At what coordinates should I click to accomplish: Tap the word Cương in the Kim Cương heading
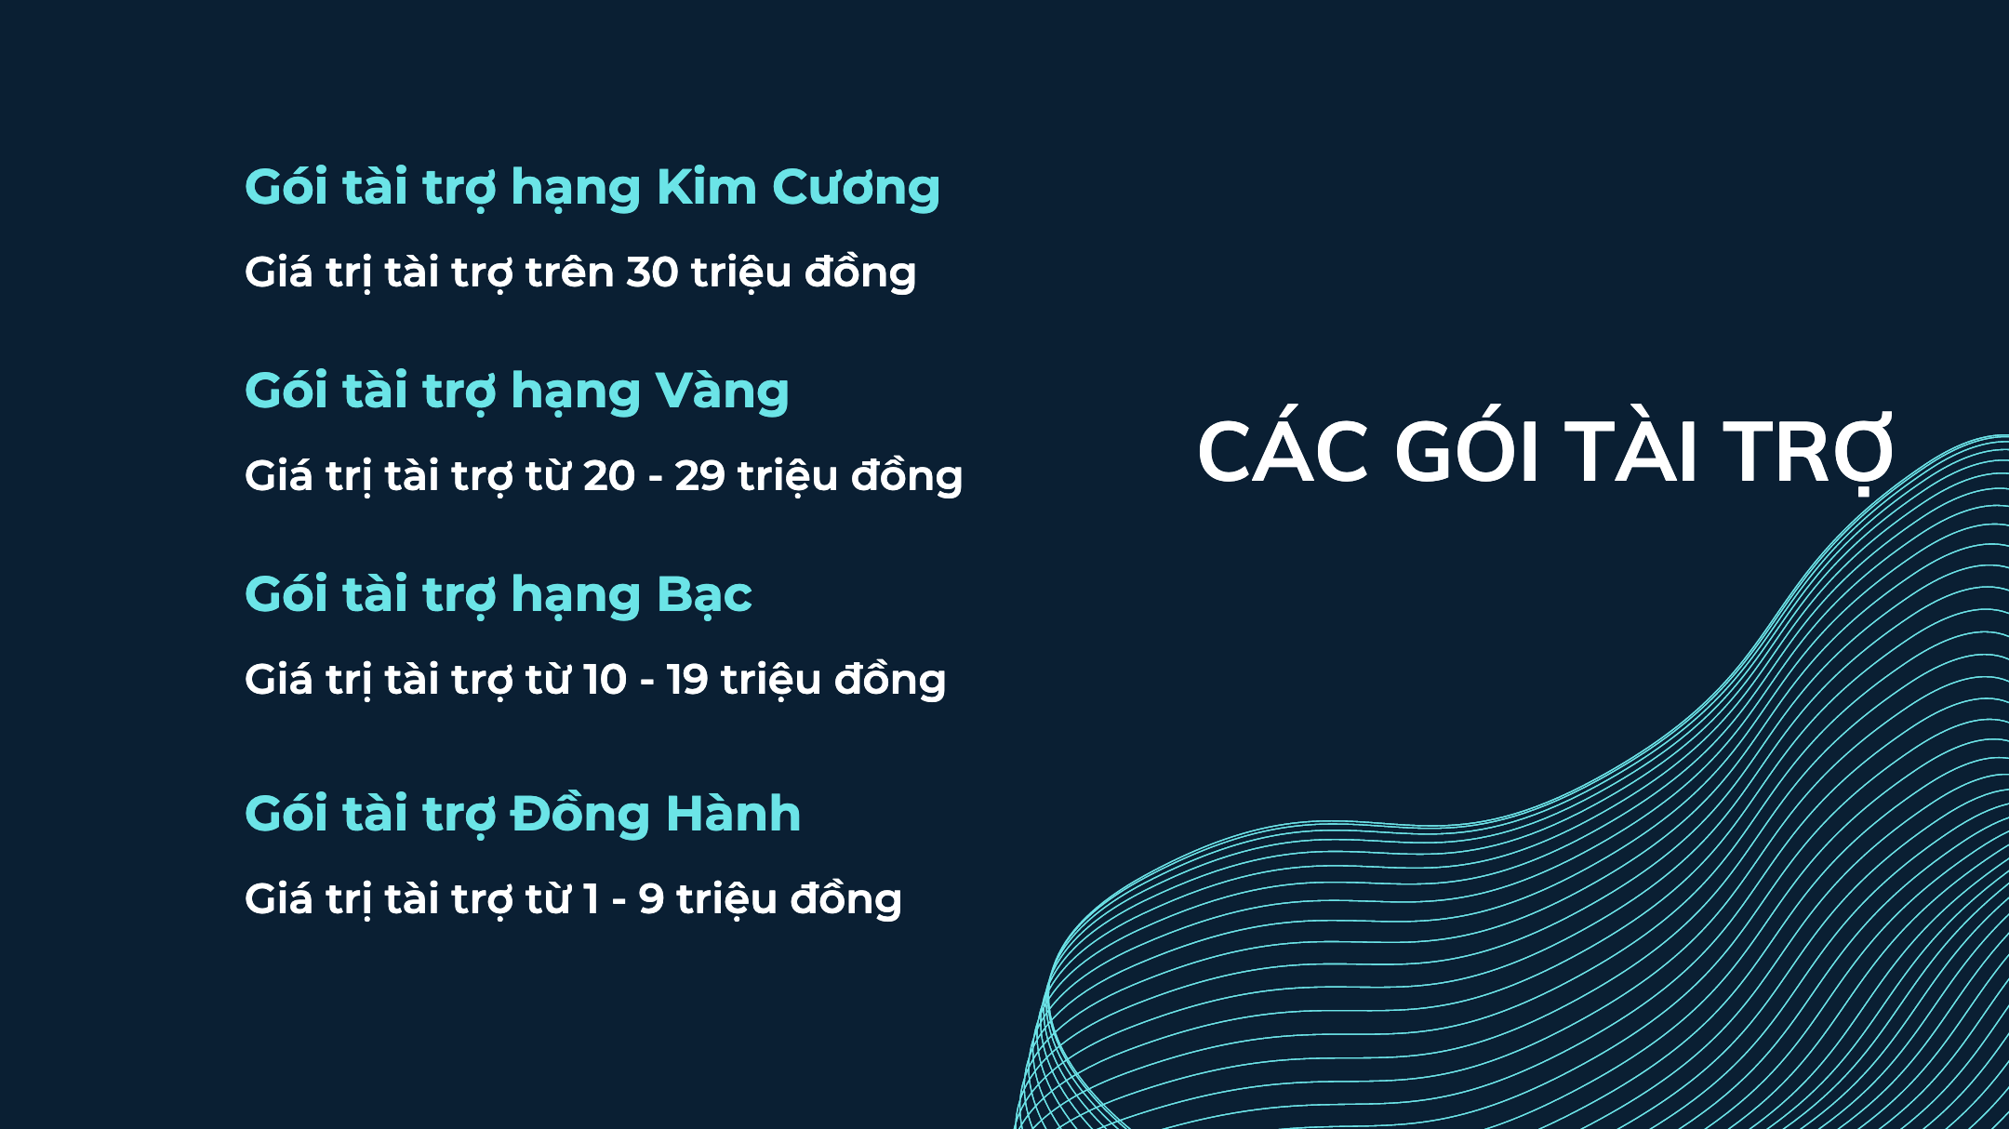point(856,189)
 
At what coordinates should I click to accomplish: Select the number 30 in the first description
point(652,272)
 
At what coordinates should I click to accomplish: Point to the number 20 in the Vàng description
point(608,476)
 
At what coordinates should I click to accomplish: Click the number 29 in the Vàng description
point(699,476)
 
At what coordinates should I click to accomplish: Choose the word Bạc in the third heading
point(704,594)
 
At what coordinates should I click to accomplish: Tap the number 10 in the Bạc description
point(605,680)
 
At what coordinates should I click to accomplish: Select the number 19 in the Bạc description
point(687,680)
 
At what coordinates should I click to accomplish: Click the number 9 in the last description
point(651,899)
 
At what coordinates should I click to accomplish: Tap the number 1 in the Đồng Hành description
point(591,899)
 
